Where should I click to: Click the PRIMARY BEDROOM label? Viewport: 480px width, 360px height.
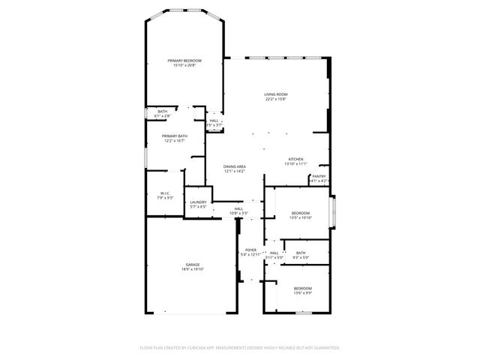pyautogui.click(x=184, y=60)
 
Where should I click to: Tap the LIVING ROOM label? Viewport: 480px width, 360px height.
pyautogui.click(x=276, y=94)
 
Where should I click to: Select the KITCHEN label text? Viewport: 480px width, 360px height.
pyautogui.click(x=296, y=159)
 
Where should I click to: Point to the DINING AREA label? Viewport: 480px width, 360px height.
pyautogui.click(x=235, y=166)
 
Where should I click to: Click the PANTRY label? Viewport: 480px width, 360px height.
pyautogui.click(x=319, y=176)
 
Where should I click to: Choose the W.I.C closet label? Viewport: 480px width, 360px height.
pyautogui.click(x=164, y=193)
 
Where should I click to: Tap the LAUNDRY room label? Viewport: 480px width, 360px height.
pyautogui.click(x=198, y=202)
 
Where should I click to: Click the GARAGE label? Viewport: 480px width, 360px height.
pyautogui.click(x=193, y=265)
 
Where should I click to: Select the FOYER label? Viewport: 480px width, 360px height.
pyautogui.click(x=250, y=250)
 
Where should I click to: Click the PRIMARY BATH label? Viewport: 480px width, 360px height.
pyautogui.click(x=174, y=136)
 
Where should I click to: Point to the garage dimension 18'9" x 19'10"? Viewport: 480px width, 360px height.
pyautogui.click(x=193, y=270)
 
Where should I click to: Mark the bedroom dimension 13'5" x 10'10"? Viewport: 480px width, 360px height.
pyautogui.click(x=301, y=218)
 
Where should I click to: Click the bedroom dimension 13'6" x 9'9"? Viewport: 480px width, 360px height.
pyautogui.click(x=302, y=293)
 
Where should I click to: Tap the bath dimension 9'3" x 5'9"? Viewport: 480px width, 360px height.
pyautogui.click(x=301, y=258)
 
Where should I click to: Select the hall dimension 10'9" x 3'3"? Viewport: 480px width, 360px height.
pyautogui.click(x=238, y=214)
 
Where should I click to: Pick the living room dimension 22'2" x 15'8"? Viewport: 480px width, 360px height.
pyautogui.click(x=276, y=99)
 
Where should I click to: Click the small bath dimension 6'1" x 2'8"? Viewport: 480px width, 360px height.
pyautogui.click(x=163, y=116)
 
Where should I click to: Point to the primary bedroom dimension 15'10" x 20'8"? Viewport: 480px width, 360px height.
pyautogui.click(x=184, y=65)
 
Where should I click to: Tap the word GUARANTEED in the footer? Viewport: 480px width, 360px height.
pyautogui.click(x=324, y=348)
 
